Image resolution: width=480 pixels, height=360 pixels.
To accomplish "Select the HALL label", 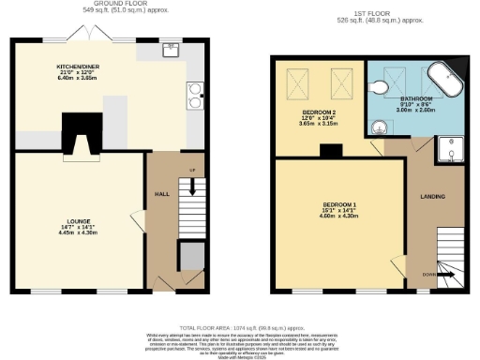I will [x=159, y=193].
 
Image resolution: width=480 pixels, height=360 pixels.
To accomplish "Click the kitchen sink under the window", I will [x=170, y=50].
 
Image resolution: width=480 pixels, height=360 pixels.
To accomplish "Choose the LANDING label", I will [x=432, y=196].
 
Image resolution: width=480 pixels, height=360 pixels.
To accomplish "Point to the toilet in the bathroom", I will [x=379, y=86].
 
